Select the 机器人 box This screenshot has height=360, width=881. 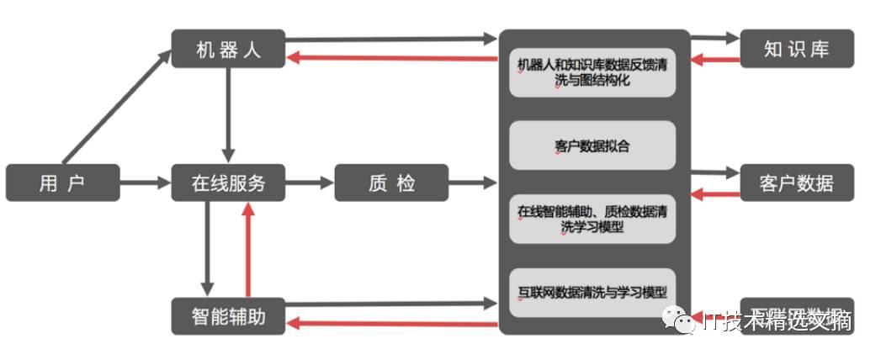[x=228, y=49]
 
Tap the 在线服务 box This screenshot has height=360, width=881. [x=228, y=183]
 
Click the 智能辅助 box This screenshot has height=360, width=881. [x=228, y=316]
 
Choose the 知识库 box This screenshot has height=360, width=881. [x=796, y=49]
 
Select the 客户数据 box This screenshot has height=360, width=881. [x=796, y=183]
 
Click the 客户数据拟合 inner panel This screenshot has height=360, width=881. [x=592, y=146]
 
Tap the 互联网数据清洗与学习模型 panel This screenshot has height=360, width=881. [x=592, y=293]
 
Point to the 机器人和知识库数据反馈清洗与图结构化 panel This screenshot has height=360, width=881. [x=592, y=72]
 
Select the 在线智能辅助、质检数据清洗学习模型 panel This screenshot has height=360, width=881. [x=592, y=219]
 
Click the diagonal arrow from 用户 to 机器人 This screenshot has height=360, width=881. [x=116, y=106]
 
